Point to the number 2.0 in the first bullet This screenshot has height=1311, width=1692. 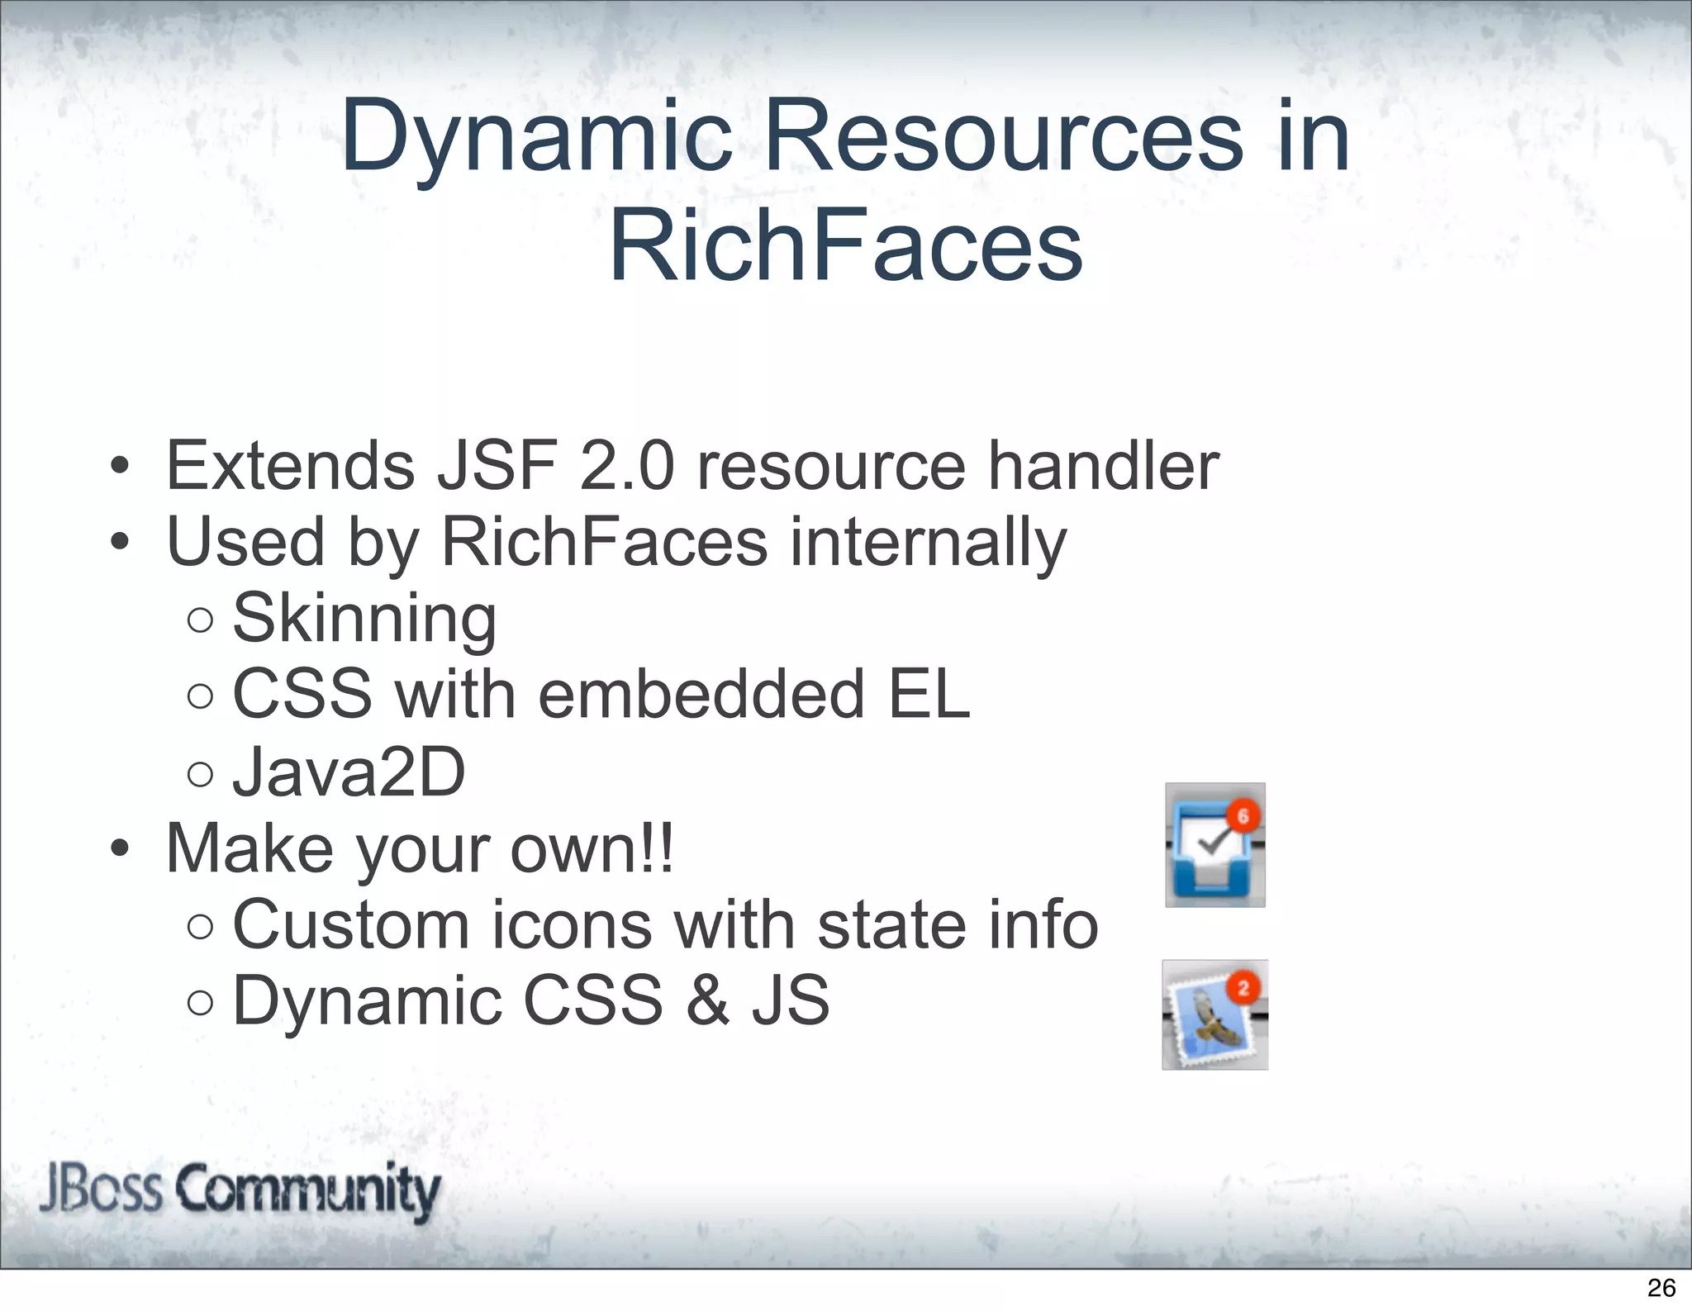pos(627,466)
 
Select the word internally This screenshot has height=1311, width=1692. pos(928,543)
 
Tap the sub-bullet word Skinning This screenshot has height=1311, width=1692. pos(364,618)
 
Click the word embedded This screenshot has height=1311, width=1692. pos(701,695)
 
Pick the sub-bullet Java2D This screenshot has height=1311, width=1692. pos(349,772)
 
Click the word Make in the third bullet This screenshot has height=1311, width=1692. pos(249,848)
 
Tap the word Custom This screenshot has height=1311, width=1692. pos(351,924)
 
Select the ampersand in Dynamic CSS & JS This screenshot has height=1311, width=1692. pos(707,1000)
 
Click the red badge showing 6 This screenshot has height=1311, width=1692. pos(1243,816)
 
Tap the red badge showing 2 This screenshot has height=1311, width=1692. pos(1243,988)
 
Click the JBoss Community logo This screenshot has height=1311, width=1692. pos(240,1190)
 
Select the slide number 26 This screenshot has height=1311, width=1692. pos(1661,1287)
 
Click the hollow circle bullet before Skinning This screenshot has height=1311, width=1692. pos(200,620)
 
